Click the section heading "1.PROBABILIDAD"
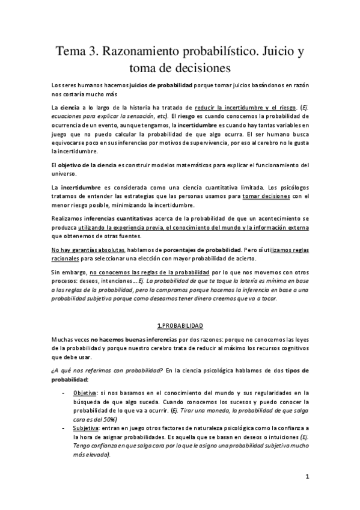pos(180,325)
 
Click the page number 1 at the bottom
pos(307,478)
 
